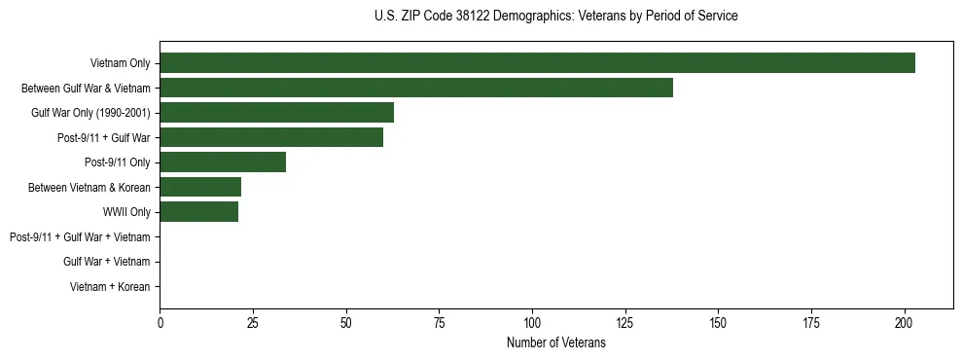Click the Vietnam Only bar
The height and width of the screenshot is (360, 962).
[537, 63]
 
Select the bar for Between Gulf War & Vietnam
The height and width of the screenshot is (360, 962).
[416, 89]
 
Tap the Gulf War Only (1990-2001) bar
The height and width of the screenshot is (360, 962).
[276, 113]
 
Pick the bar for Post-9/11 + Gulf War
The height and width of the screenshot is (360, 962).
[271, 138]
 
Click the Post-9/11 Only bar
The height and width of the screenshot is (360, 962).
[223, 162]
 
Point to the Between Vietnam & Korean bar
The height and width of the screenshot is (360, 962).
[200, 188]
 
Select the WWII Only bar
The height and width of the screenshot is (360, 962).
[198, 212]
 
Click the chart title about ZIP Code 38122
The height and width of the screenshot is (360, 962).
[555, 17]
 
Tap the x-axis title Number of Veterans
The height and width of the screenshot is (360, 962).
[555, 343]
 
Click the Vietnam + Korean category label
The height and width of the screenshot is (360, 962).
[110, 287]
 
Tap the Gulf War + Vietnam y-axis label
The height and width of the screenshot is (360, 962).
[106, 262]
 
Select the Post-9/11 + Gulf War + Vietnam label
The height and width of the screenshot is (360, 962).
[80, 237]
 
